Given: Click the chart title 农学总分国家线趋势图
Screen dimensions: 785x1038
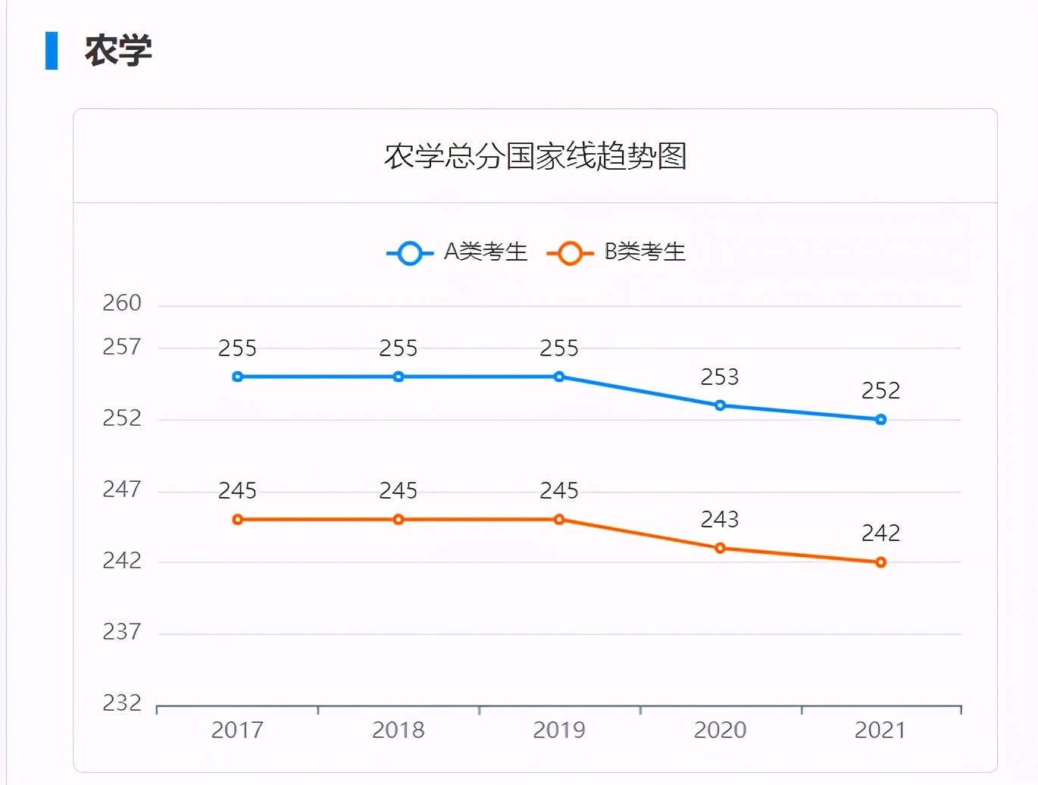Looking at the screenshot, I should click(535, 156).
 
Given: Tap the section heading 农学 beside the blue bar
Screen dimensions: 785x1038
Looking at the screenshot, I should click(118, 51).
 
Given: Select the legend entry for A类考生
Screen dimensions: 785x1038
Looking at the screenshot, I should click(457, 252).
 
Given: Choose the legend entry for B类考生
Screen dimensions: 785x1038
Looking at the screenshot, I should click(616, 252).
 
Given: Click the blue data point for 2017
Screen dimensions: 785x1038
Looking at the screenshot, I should click(238, 377).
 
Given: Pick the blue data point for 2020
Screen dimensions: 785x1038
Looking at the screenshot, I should click(720, 405).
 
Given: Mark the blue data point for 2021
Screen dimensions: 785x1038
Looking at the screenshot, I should click(880, 419).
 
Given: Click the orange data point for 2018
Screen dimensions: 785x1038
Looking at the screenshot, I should click(399, 519).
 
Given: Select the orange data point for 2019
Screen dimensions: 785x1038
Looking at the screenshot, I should click(559, 519).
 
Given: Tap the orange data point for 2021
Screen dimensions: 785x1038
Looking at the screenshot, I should click(880, 562).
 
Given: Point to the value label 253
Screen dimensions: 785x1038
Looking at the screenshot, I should click(719, 377).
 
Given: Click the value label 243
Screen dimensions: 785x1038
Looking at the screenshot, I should click(719, 519).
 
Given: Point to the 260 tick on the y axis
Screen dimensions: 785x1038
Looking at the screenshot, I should click(122, 303).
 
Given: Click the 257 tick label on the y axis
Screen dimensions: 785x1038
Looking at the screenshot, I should click(122, 347).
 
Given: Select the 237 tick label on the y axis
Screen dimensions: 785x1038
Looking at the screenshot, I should click(122, 631).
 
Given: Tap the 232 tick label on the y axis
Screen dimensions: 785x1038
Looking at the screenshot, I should click(122, 703).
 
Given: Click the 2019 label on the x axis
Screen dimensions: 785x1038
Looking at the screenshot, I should click(559, 730).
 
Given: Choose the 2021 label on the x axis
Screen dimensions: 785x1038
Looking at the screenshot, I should click(880, 730).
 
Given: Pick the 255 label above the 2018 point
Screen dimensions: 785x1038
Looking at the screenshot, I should click(399, 349).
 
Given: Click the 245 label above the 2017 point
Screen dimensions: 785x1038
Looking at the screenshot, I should click(237, 491).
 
